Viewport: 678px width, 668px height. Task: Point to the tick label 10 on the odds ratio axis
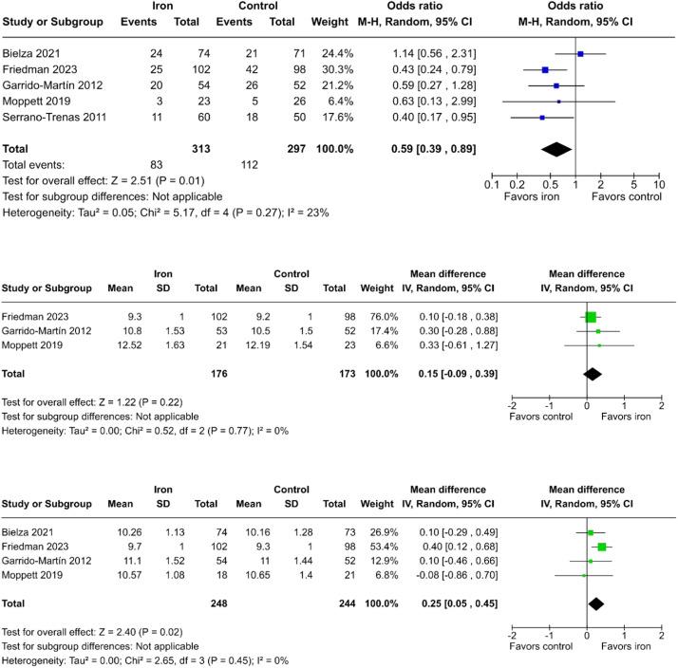click(x=658, y=184)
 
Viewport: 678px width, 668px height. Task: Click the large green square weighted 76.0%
click(x=591, y=317)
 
